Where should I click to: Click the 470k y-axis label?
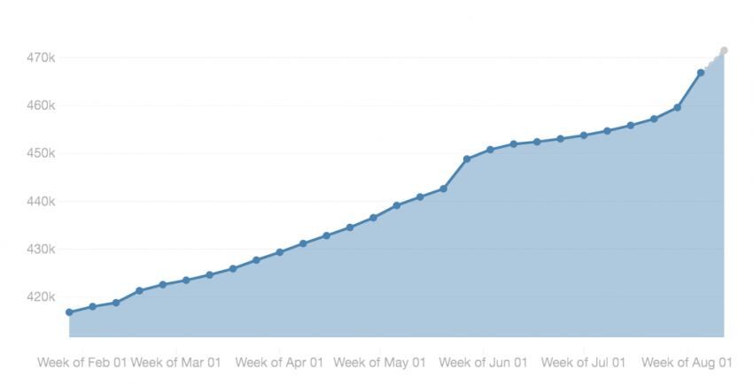click(x=41, y=58)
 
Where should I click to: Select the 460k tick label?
click(x=41, y=105)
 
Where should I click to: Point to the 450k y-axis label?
click(x=41, y=153)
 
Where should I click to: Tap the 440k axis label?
click(x=41, y=201)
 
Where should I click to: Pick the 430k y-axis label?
click(x=41, y=249)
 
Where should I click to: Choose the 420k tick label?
click(x=41, y=296)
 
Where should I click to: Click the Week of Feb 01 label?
click(x=82, y=362)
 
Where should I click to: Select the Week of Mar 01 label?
click(x=175, y=362)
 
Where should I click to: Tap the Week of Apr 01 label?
click(x=279, y=362)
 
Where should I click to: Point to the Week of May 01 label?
click(x=379, y=362)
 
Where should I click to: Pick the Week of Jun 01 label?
click(x=483, y=362)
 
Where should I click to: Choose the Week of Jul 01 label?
click(x=583, y=362)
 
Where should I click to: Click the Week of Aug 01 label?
click(x=687, y=362)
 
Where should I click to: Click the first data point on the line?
click(x=69, y=312)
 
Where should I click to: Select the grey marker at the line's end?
click(x=724, y=50)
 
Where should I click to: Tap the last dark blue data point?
click(x=701, y=73)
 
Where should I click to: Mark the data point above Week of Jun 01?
click(x=490, y=150)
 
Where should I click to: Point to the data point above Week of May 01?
click(x=396, y=205)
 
